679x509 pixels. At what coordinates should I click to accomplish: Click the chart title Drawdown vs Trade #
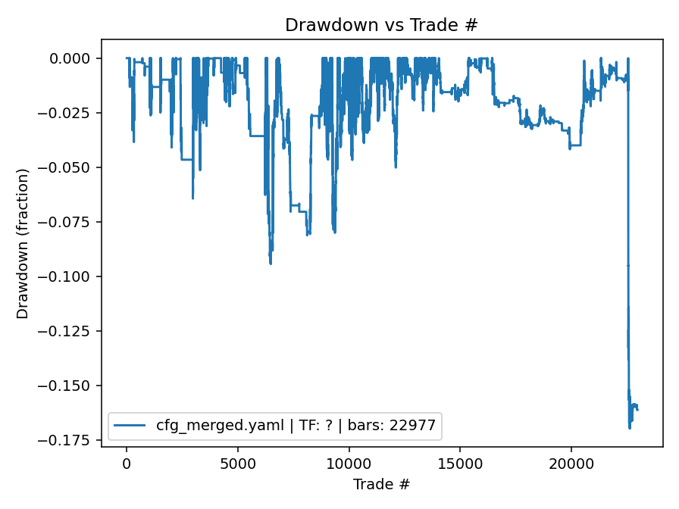(381, 25)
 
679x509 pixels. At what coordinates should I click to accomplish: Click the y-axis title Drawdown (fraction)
(23, 243)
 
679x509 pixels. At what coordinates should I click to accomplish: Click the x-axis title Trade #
(381, 483)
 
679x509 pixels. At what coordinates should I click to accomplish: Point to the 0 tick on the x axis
(127, 463)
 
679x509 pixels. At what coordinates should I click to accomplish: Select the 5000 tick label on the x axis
(237, 463)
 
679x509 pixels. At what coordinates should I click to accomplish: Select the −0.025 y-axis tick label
(70, 113)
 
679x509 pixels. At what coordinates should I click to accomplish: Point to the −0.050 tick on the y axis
(70, 167)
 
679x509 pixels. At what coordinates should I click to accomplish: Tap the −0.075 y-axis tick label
(70, 222)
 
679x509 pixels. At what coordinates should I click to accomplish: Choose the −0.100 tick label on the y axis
(70, 276)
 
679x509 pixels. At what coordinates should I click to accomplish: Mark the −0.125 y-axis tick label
(70, 331)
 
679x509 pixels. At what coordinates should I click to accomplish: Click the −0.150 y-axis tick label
(70, 386)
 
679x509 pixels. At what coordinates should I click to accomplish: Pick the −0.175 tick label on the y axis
(70, 440)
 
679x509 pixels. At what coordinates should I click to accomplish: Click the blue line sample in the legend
(130, 426)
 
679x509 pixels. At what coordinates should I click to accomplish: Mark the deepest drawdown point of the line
(630, 428)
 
